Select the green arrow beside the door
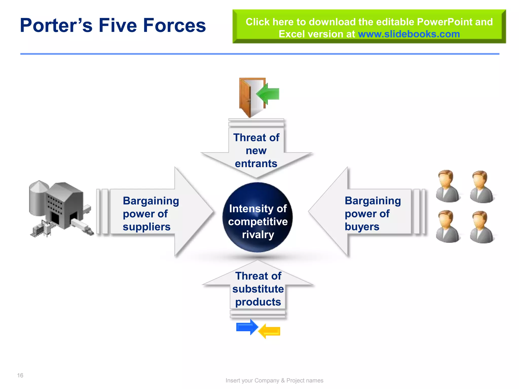coord(269,94)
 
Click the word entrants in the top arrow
coord(256,164)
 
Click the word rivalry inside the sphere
coord(258,235)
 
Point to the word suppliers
coord(146,227)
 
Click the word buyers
coord(362,227)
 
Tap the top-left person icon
coord(447,186)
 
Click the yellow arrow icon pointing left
coord(270,331)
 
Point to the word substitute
coord(258,289)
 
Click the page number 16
coord(20,375)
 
